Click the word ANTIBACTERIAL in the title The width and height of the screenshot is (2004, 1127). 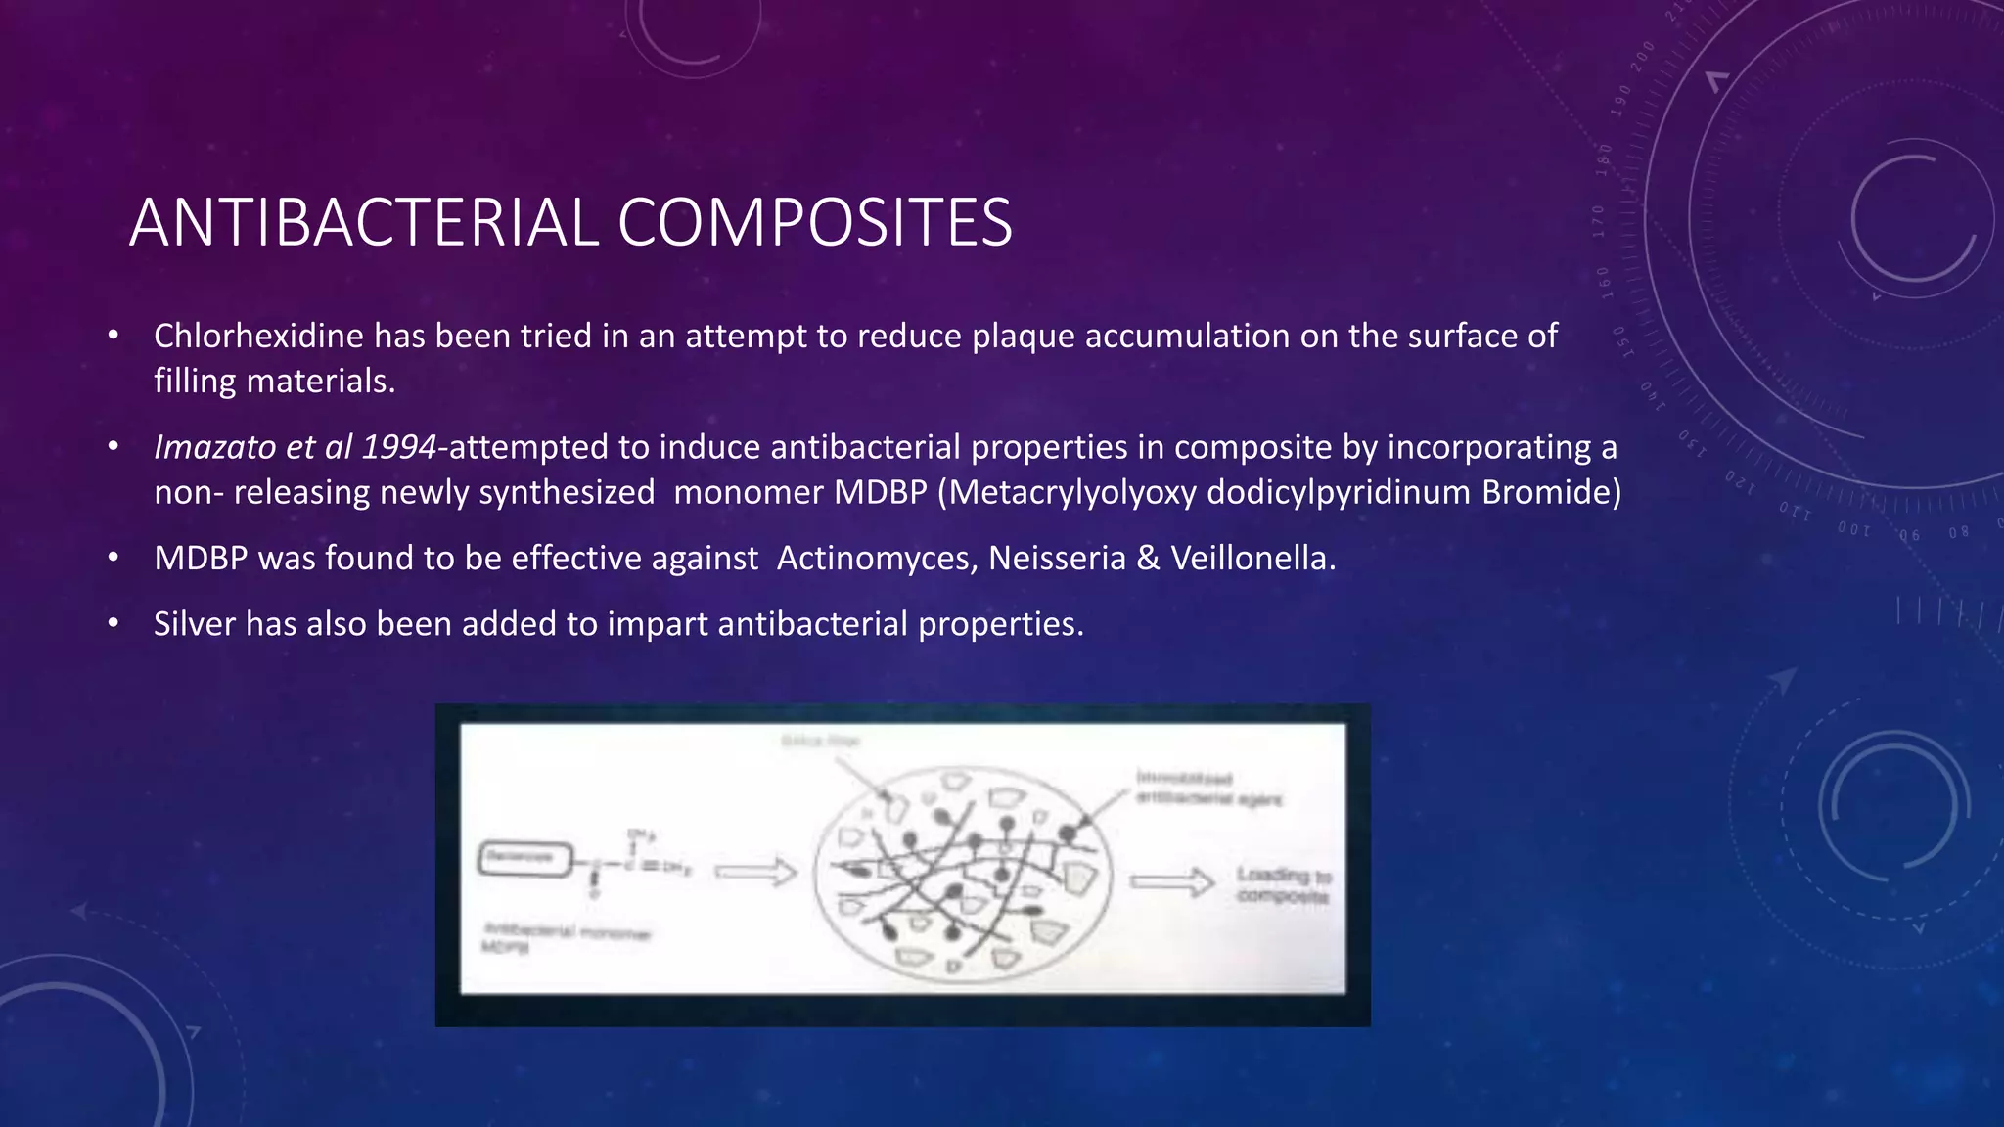click(x=363, y=223)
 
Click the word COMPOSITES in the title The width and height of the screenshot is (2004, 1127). click(x=814, y=223)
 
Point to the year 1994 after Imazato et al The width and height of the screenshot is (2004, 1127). click(x=398, y=448)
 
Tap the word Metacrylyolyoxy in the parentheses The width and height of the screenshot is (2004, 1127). click(x=1071, y=492)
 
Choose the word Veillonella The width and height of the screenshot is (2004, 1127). click(x=1252, y=559)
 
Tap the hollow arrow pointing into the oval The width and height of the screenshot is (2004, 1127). click(x=755, y=871)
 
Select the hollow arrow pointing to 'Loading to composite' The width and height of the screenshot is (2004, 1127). click(x=1171, y=882)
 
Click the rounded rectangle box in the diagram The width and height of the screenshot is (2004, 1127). click(x=524, y=860)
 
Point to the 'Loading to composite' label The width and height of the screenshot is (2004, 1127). click(x=1283, y=885)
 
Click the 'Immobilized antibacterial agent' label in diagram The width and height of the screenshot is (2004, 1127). click(x=1207, y=789)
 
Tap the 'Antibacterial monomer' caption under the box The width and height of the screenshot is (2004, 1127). click(x=566, y=932)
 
